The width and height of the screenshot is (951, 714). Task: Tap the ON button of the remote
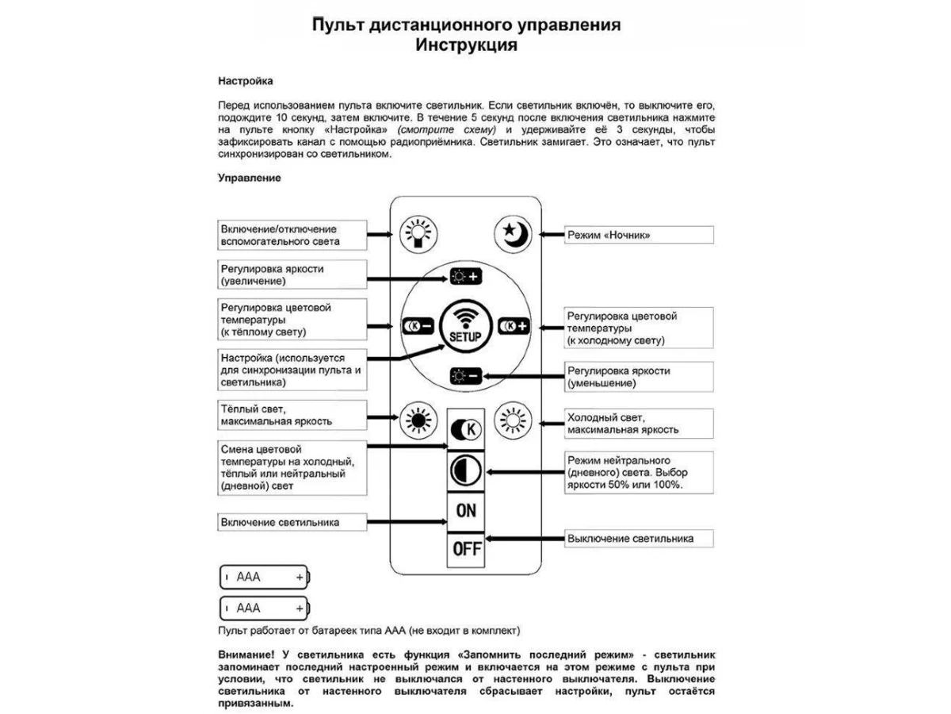[x=466, y=509]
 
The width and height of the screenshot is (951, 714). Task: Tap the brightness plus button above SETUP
[x=465, y=277]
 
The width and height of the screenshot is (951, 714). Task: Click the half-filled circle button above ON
[x=466, y=471]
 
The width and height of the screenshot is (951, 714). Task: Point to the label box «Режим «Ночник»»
[x=638, y=235]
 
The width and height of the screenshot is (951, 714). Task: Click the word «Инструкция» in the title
[x=466, y=45]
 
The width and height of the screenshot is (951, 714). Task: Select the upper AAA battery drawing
[x=265, y=577]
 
